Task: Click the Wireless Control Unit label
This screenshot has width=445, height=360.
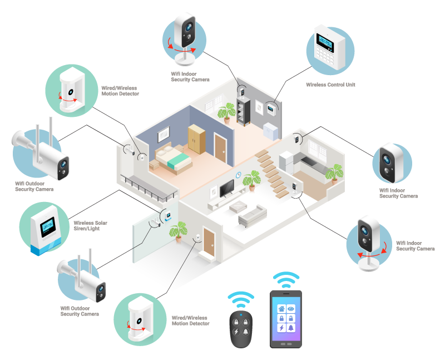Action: tap(330, 85)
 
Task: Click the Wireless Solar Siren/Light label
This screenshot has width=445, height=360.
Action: tap(91, 225)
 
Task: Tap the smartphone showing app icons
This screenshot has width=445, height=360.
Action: tap(286, 318)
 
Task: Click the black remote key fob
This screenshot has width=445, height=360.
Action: tap(241, 330)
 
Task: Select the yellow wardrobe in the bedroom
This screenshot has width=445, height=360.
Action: tap(196, 139)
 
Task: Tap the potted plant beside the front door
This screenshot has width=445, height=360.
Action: tap(178, 230)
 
